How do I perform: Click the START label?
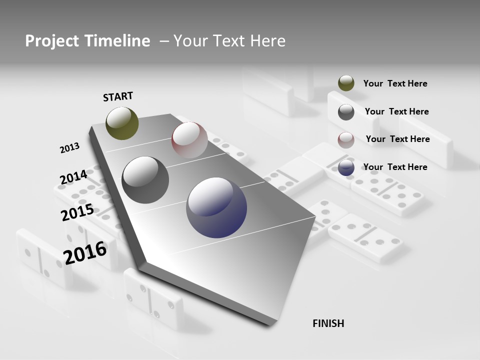[118, 96]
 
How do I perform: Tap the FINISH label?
[328, 323]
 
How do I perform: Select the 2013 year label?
[69, 148]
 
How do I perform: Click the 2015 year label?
[77, 212]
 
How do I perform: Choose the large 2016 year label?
[85, 253]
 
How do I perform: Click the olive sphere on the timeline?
[122, 123]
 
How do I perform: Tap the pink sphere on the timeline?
[189, 140]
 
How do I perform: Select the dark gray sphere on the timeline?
[145, 180]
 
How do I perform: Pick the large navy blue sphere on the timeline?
[216, 207]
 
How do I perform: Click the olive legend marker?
[346, 83]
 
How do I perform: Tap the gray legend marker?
[346, 111]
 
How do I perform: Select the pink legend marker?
[346, 139]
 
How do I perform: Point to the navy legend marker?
[346, 167]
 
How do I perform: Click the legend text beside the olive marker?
[395, 83]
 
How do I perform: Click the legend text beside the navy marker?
[395, 167]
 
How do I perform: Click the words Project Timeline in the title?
[87, 41]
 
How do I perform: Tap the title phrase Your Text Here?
[229, 41]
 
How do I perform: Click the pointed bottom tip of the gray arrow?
[270, 323]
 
